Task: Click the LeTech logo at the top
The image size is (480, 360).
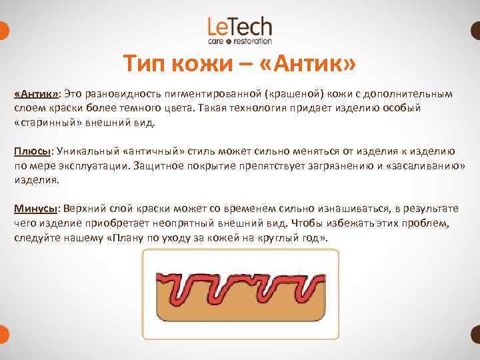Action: pos(239,30)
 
